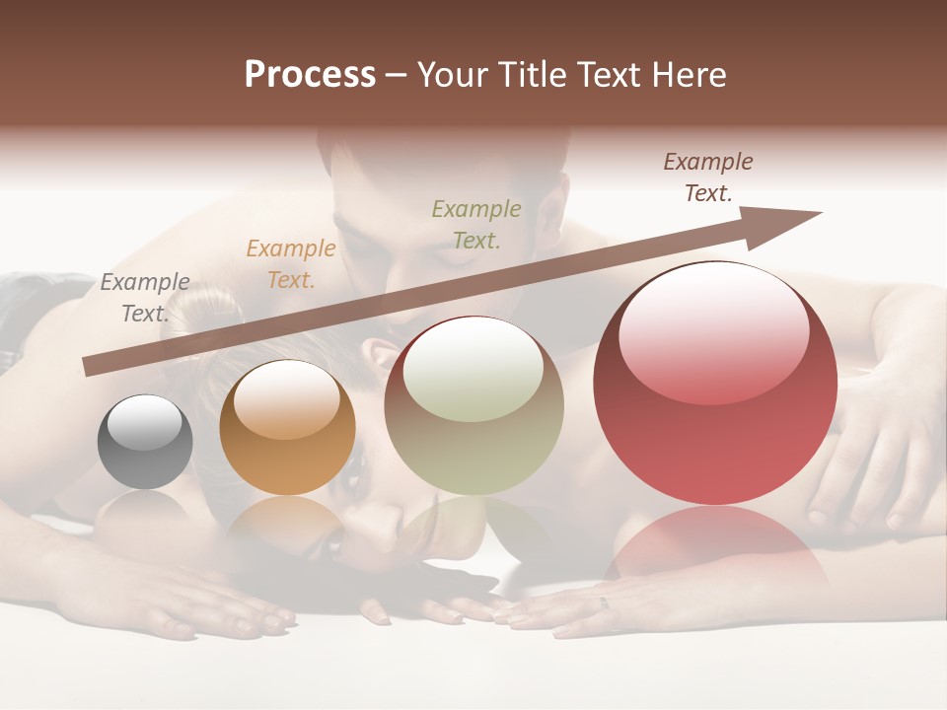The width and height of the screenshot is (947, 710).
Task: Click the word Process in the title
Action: [x=310, y=75]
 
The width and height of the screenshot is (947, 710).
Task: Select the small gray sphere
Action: [x=145, y=443]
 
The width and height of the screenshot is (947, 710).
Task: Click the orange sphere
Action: [x=287, y=429]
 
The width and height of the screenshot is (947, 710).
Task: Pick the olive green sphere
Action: [x=473, y=406]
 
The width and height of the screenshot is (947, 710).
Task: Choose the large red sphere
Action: [x=715, y=385]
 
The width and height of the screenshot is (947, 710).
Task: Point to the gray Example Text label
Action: [x=145, y=298]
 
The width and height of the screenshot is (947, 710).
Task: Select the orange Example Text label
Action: [x=291, y=264]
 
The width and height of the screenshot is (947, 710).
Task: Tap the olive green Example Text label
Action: [x=476, y=224]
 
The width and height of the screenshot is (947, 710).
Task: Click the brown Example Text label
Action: [x=708, y=177]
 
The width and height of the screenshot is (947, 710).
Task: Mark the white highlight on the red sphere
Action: [x=714, y=330]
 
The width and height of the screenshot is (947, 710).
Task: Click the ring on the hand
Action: [x=605, y=603]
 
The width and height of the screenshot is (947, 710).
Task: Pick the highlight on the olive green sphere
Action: [x=473, y=370]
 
